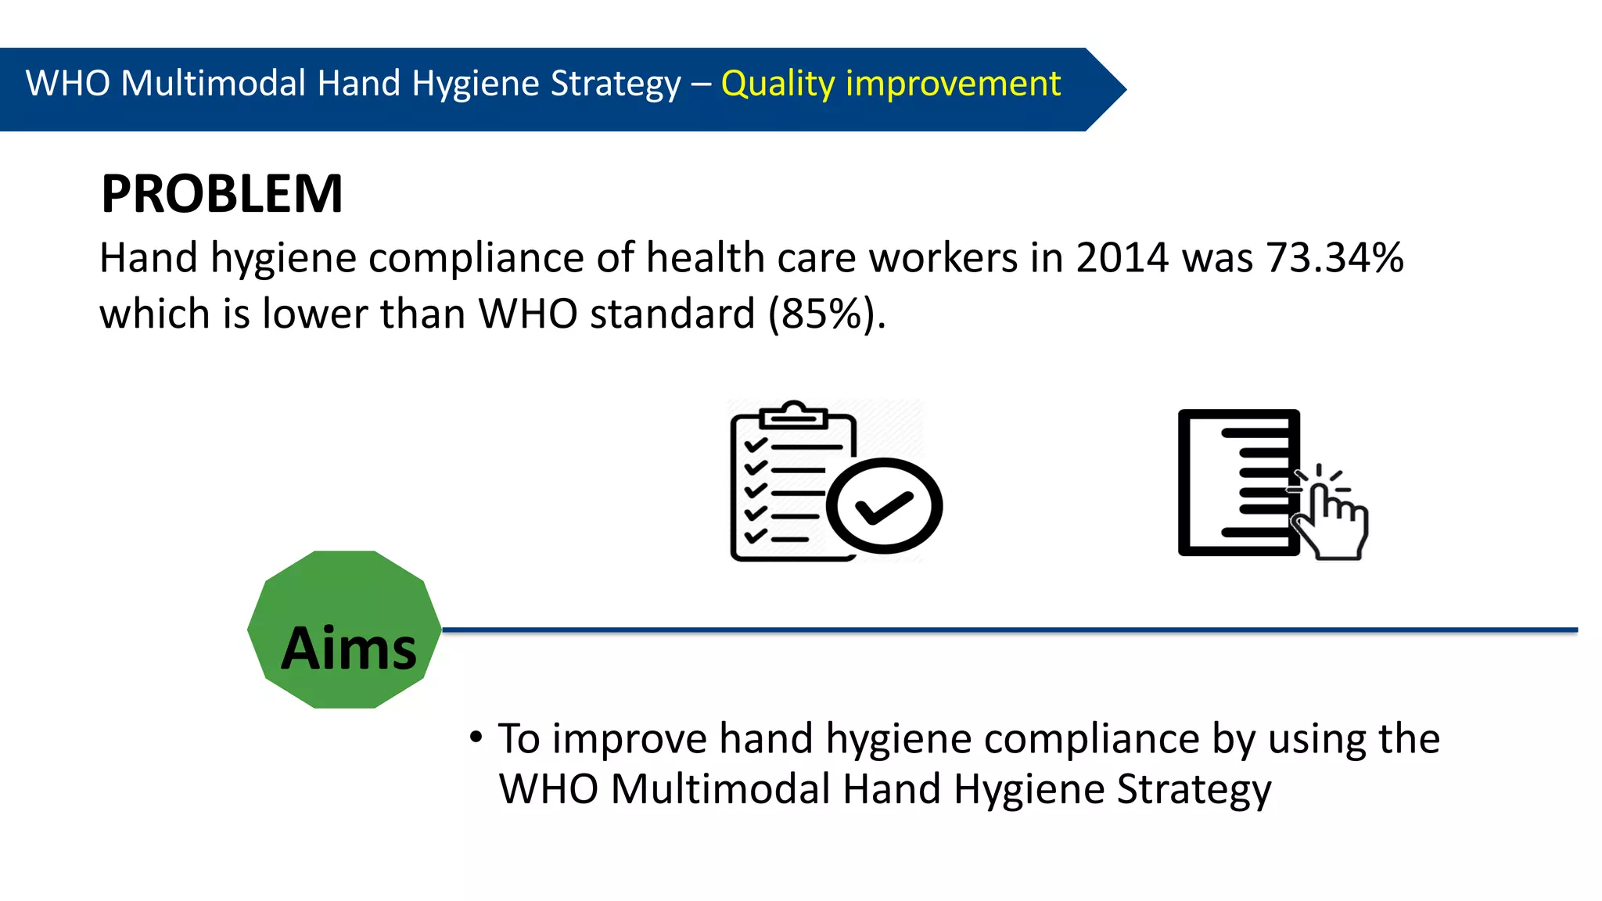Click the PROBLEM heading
click(222, 194)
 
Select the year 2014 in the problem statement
click(1122, 258)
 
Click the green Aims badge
click(344, 630)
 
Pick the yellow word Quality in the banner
click(778, 84)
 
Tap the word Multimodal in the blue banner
click(213, 84)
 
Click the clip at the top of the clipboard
click(794, 415)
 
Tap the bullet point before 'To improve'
click(476, 738)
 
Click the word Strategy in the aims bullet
click(1194, 789)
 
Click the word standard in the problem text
click(672, 314)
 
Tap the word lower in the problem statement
click(314, 314)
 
